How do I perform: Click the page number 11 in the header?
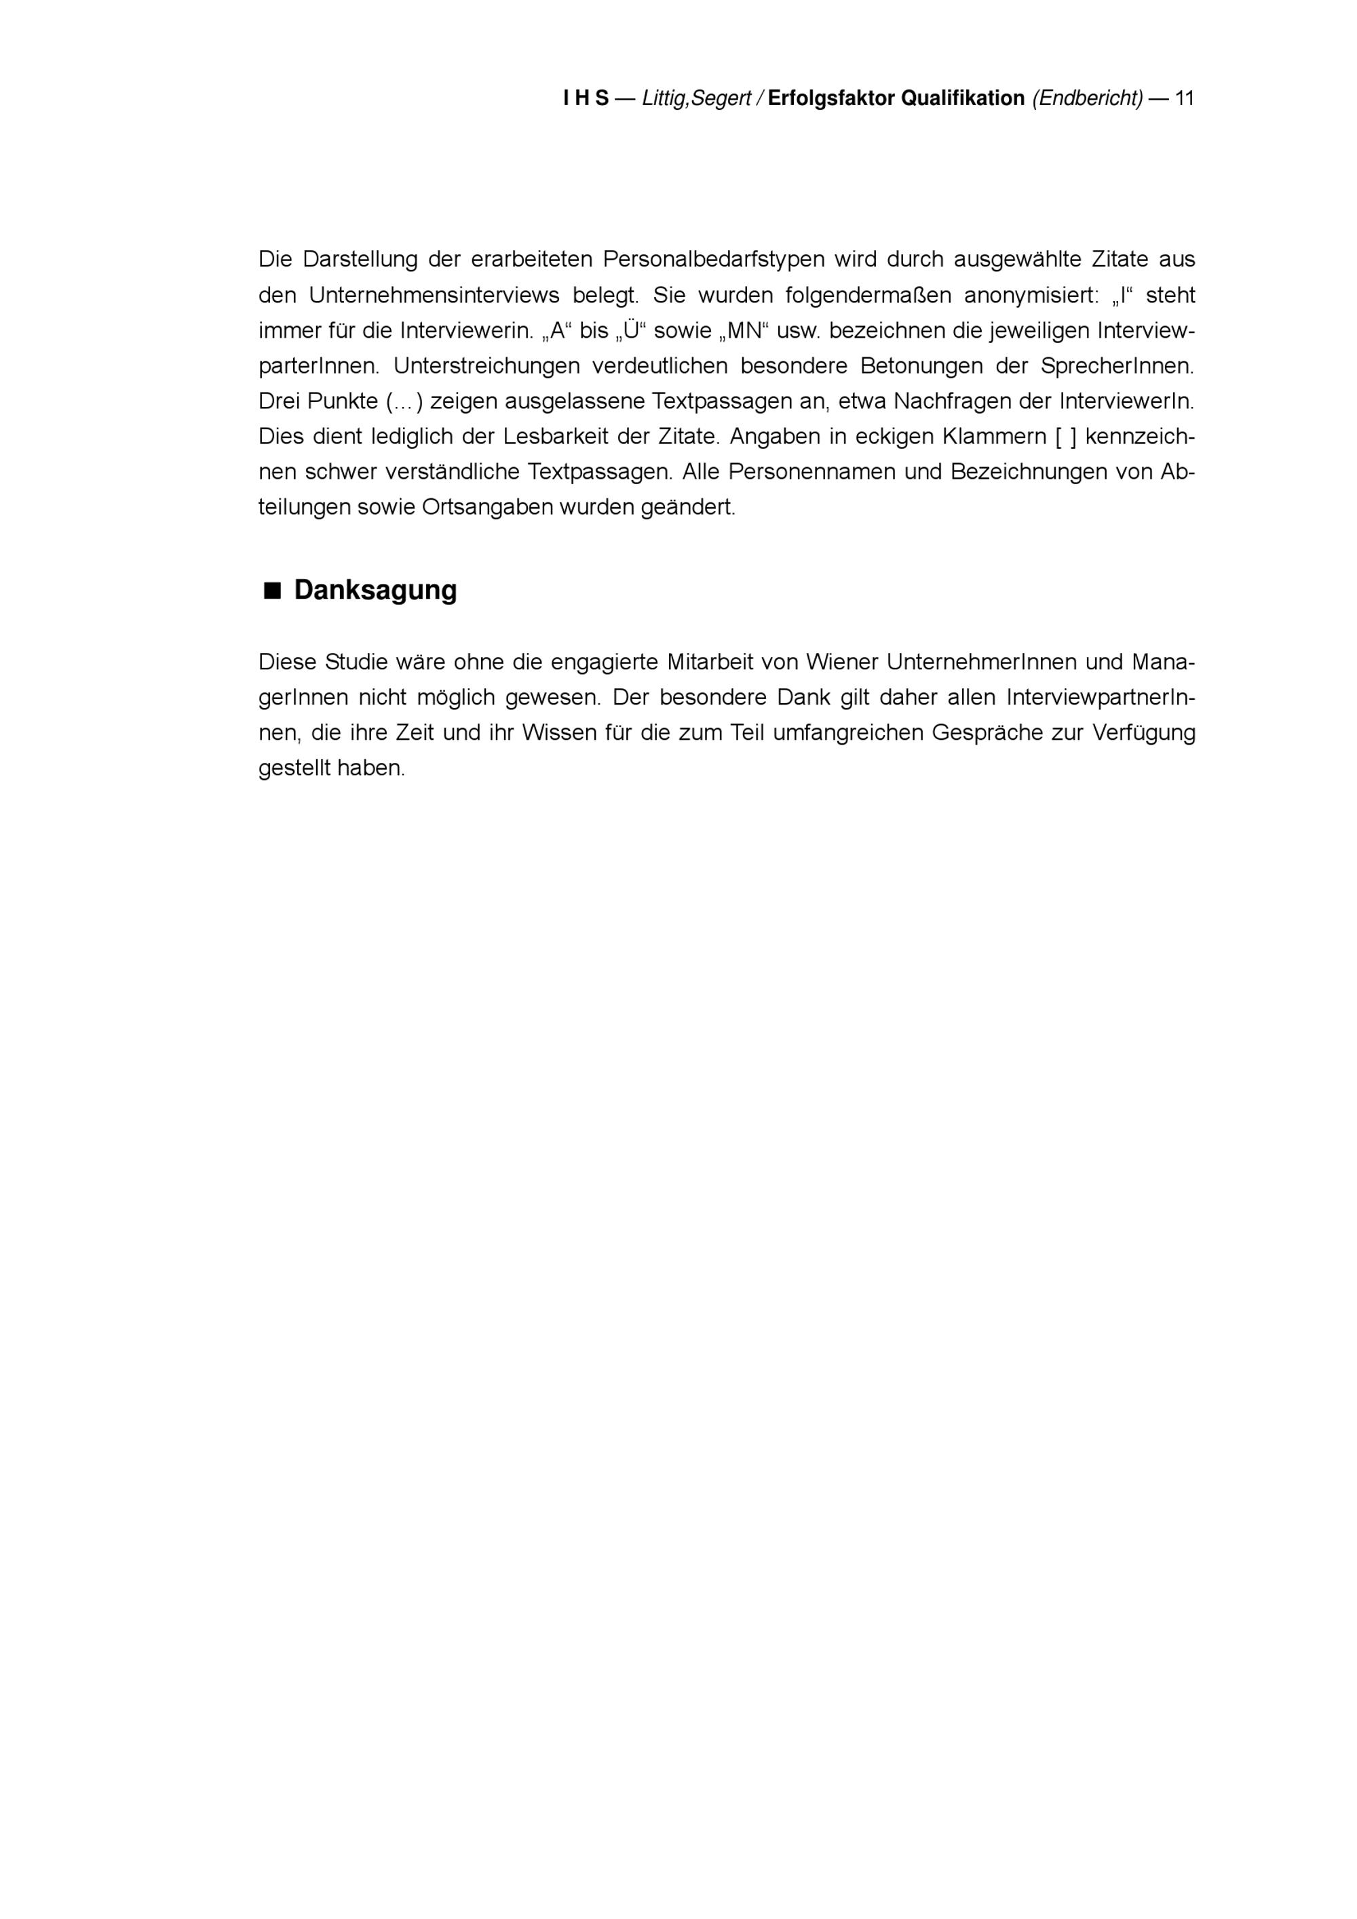[1184, 98]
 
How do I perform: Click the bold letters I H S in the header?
[586, 98]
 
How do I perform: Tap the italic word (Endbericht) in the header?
[1087, 98]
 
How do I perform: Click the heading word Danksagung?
[375, 590]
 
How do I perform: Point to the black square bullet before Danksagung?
[271, 591]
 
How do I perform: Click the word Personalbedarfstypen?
[713, 260]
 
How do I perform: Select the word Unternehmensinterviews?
[434, 296]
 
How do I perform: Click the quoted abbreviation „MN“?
[744, 331]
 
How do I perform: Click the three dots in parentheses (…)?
[404, 402]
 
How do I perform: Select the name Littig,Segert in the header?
[696, 98]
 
